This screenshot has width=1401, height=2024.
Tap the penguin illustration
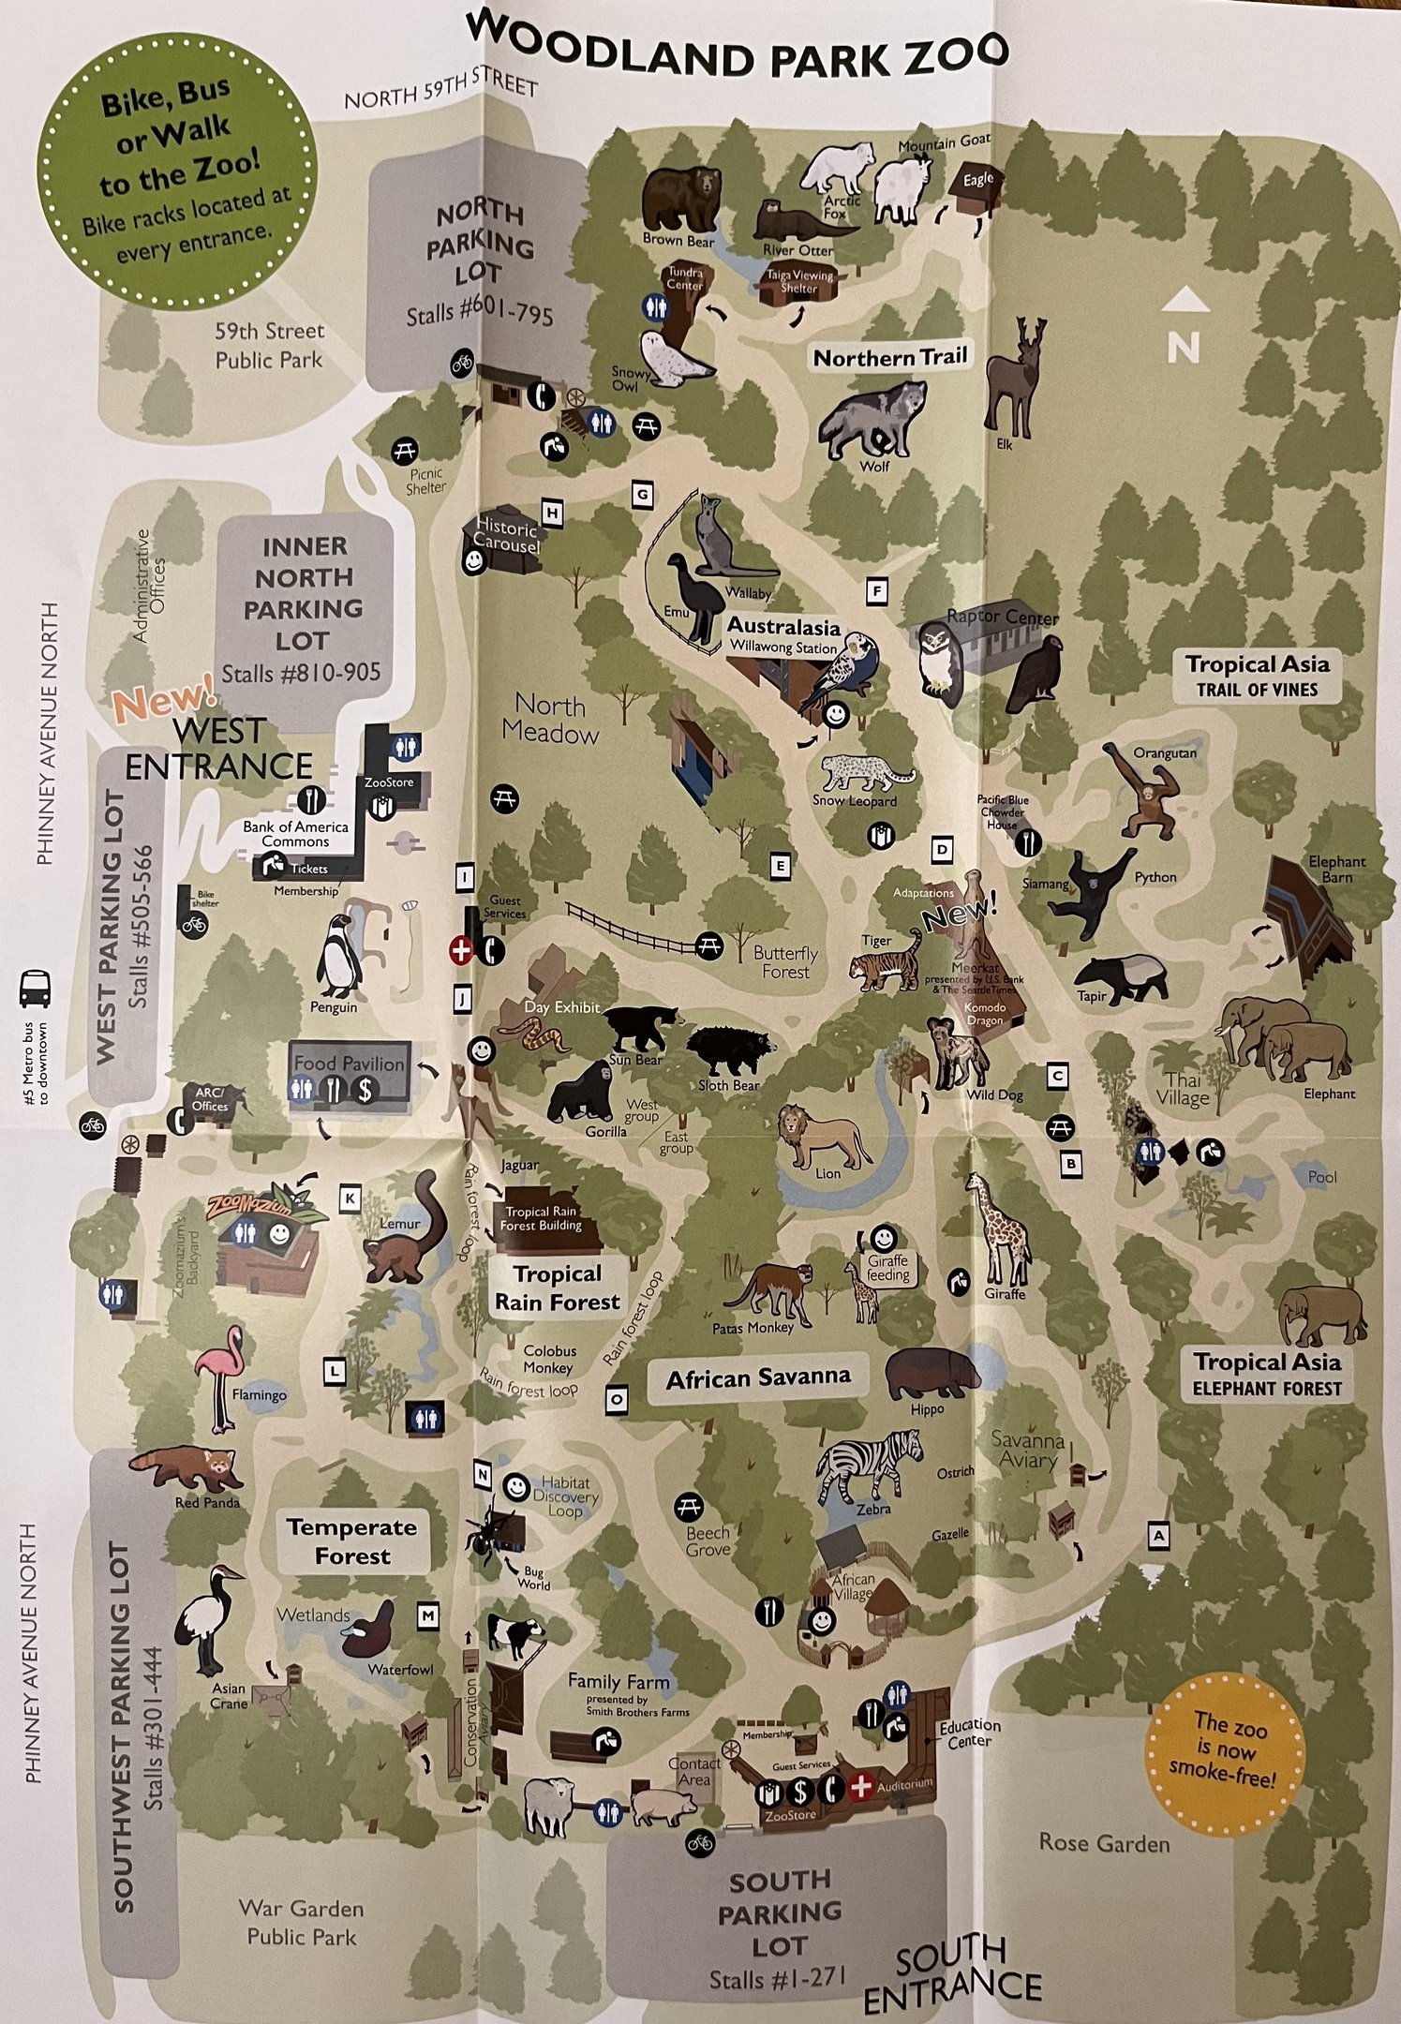click(x=337, y=958)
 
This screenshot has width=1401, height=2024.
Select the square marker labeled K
click(x=350, y=1198)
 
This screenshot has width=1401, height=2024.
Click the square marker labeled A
click(x=1159, y=1536)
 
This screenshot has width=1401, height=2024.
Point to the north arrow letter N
click(x=1184, y=349)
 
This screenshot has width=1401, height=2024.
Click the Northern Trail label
click(x=889, y=357)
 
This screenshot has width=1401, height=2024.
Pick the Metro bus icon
click(x=35, y=989)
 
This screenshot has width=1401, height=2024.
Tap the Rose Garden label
click(x=1104, y=1843)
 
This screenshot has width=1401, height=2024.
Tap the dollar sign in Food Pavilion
click(x=365, y=1090)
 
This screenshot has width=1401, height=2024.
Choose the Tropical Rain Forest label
click(x=557, y=1287)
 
